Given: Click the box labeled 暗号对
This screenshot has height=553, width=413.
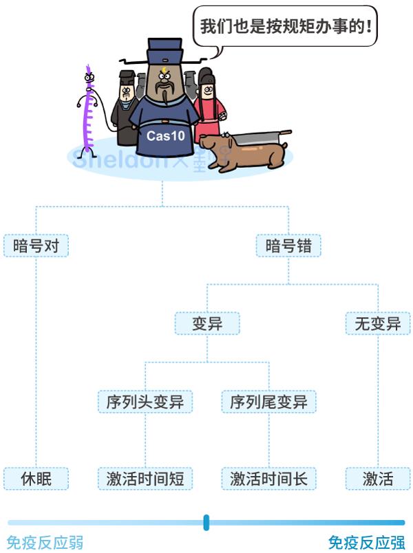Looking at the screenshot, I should click(x=36, y=246).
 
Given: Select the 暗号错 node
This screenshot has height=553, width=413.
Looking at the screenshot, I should click(x=288, y=246).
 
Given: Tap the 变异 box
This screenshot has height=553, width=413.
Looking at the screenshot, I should click(x=206, y=323).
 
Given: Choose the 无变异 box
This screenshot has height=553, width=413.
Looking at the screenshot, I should click(x=377, y=323).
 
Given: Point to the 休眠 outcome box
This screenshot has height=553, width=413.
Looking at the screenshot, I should click(x=36, y=478).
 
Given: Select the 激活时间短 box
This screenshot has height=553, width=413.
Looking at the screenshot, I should click(x=145, y=478).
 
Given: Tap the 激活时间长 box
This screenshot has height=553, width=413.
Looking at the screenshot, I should click(x=268, y=478).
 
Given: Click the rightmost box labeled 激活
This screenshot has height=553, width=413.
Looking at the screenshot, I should click(x=377, y=478).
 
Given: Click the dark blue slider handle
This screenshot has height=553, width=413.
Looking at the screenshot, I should click(x=206, y=523).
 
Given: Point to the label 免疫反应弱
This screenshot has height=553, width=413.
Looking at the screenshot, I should click(x=45, y=543).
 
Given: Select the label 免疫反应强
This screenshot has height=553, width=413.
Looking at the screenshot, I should click(x=366, y=543).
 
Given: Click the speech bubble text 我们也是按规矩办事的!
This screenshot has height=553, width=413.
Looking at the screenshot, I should click(x=285, y=28).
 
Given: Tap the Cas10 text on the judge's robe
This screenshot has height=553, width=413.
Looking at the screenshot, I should click(x=165, y=135).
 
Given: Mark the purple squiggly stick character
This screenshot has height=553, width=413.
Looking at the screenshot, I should click(x=87, y=110).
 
